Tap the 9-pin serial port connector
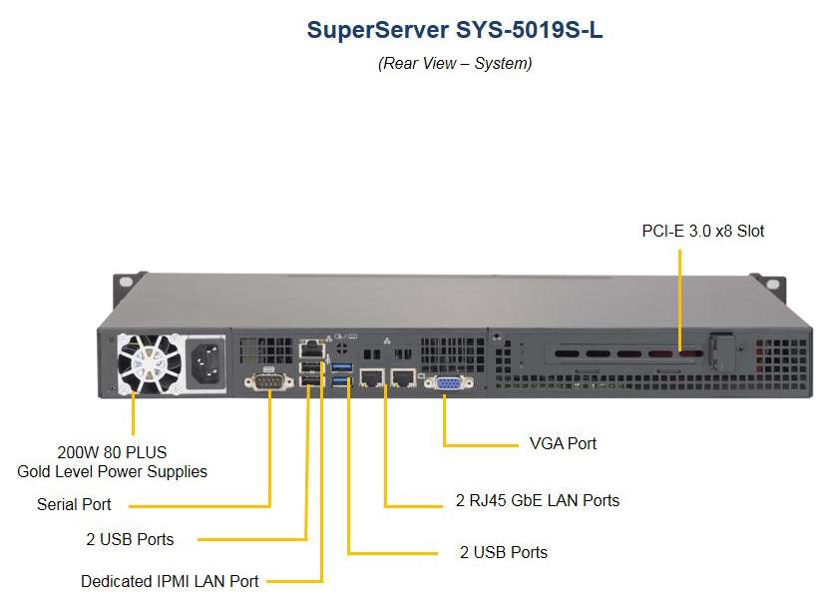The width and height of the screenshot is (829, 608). [x=268, y=381]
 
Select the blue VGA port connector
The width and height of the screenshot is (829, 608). [x=448, y=382]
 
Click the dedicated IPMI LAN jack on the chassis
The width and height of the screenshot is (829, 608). [x=312, y=349]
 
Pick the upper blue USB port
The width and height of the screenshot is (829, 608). [x=341, y=366]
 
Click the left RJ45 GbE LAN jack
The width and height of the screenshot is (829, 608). [x=372, y=377]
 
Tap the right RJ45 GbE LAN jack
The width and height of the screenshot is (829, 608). [x=403, y=377]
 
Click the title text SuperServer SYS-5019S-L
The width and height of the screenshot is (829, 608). [x=455, y=30]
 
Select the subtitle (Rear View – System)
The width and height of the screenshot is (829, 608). [x=455, y=63]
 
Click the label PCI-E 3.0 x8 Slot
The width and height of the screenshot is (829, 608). [x=702, y=231]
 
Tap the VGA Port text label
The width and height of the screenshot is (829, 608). [x=563, y=443]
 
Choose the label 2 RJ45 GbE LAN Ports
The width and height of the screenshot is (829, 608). [x=537, y=500]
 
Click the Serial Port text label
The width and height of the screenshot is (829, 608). [x=74, y=504]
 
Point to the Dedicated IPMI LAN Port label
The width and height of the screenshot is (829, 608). [x=170, y=581]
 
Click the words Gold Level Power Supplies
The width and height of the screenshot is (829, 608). [x=112, y=471]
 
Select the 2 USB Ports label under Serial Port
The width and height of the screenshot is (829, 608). [x=130, y=539]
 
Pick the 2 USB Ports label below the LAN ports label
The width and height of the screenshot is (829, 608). [x=504, y=552]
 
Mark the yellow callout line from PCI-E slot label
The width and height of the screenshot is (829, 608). [x=680, y=301]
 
